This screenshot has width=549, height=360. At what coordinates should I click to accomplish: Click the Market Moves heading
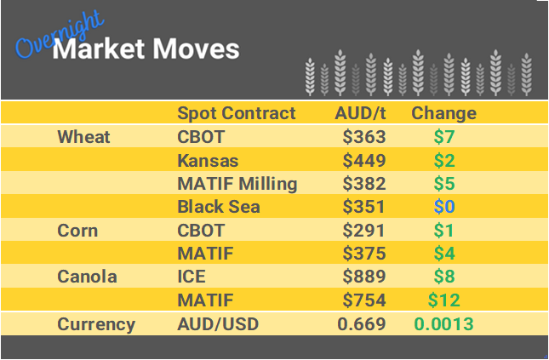click(x=146, y=49)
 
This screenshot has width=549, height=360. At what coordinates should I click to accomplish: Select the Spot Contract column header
click(x=236, y=113)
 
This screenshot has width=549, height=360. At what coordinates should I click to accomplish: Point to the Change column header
click(x=443, y=113)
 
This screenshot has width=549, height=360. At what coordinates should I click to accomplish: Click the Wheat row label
click(x=83, y=137)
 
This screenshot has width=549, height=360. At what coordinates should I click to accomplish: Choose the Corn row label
click(x=77, y=231)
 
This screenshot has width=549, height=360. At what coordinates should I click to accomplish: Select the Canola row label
click(x=86, y=277)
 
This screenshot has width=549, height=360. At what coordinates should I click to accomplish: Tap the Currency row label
click(x=95, y=324)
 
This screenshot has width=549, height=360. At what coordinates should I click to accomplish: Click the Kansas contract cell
click(x=209, y=161)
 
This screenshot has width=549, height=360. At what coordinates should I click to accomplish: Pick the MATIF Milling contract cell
click(x=237, y=184)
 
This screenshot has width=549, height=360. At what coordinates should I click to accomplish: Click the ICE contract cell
click(x=192, y=277)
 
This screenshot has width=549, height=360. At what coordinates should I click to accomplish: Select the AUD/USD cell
click(x=218, y=324)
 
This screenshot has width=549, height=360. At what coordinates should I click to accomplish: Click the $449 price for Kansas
click(x=364, y=161)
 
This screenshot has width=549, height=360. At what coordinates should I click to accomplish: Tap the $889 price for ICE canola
click(x=364, y=277)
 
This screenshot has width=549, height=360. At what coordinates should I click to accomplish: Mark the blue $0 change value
click(x=443, y=207)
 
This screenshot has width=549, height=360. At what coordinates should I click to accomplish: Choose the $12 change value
click(x=443, y=300)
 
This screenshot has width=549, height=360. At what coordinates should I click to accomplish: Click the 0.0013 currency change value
click(x=443, y=324)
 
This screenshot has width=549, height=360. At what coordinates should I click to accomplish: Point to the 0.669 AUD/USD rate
click(x=362, y=324)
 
